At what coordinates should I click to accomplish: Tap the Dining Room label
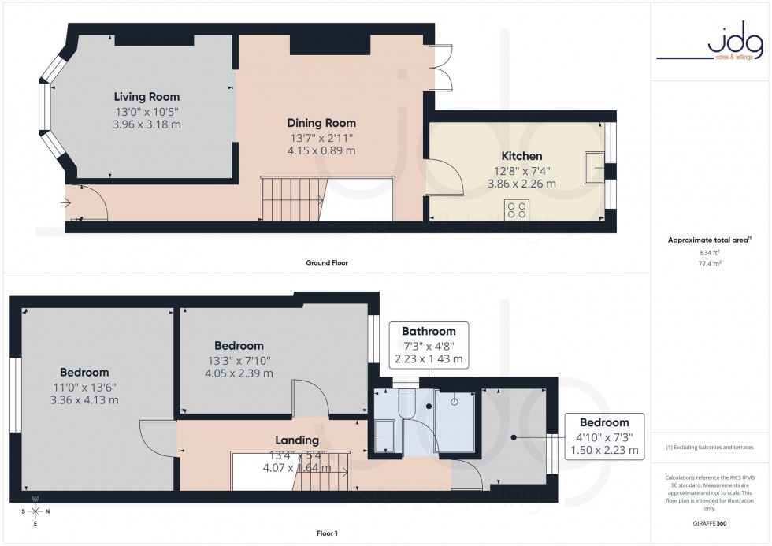(x=321, y=123)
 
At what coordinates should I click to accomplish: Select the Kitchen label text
(x=521, y=156)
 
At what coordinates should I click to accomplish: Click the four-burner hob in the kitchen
(x=517, y=210)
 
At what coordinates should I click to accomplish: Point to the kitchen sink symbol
(x=592, y=167)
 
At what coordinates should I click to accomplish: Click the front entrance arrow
(x=63, y=202)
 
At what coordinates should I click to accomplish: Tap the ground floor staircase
(x=293, y=199)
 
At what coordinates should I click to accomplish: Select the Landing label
(x=296, y=440)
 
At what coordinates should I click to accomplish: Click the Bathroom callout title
(x=429, y=331)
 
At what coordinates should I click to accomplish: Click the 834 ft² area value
(x=710, y=252)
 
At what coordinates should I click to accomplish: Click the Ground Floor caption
(x=326, y=262)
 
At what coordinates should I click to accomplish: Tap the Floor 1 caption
(x=326, y=533)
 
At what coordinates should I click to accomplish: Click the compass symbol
(x=35, y=511)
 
